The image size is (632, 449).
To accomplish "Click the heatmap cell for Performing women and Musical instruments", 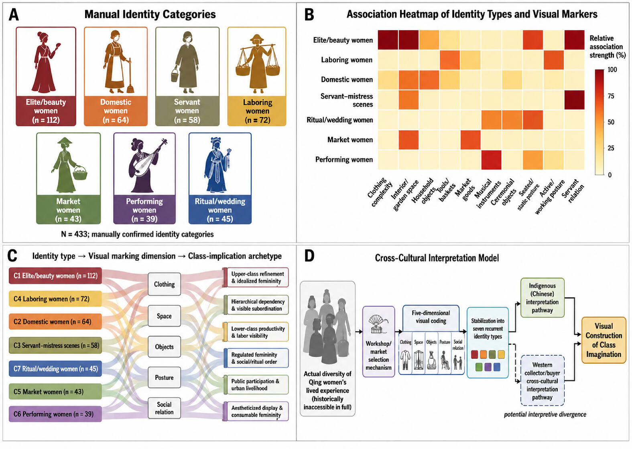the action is pyautogui.click(x=491, y=160).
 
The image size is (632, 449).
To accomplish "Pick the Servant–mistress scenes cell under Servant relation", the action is pyautogui.click(x=575, y=100).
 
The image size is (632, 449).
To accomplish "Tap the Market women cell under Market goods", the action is pyautogui.click(x=471, y=140).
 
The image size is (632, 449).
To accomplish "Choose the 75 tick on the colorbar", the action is pyautogui.click(x=611, y=96).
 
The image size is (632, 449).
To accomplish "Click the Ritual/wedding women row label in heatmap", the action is pyautogui.click(x=340, y=120).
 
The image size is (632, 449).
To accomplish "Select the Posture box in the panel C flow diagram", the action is pyautogui.click(x=164, y=377).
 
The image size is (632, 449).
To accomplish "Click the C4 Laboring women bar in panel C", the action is pyautogui.click(x=55, y=299).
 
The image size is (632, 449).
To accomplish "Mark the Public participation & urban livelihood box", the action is pyautogui.click(x=256, y=385).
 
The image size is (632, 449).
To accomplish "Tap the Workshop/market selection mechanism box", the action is pyautogui.click(x=378, y=342).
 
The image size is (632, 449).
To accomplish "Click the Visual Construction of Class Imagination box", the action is pyautogui.click(x=604, y=340).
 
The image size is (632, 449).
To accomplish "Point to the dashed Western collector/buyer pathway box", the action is pyautogui.click(x=542, y=380).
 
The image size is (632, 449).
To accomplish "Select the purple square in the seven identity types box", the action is pyautogui.click(x=488, y=367).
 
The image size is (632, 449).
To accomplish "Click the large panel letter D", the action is pyautogui.click(x=309, y=256).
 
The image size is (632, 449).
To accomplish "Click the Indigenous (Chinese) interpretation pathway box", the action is pyautogui.click(x=542, y=297).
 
